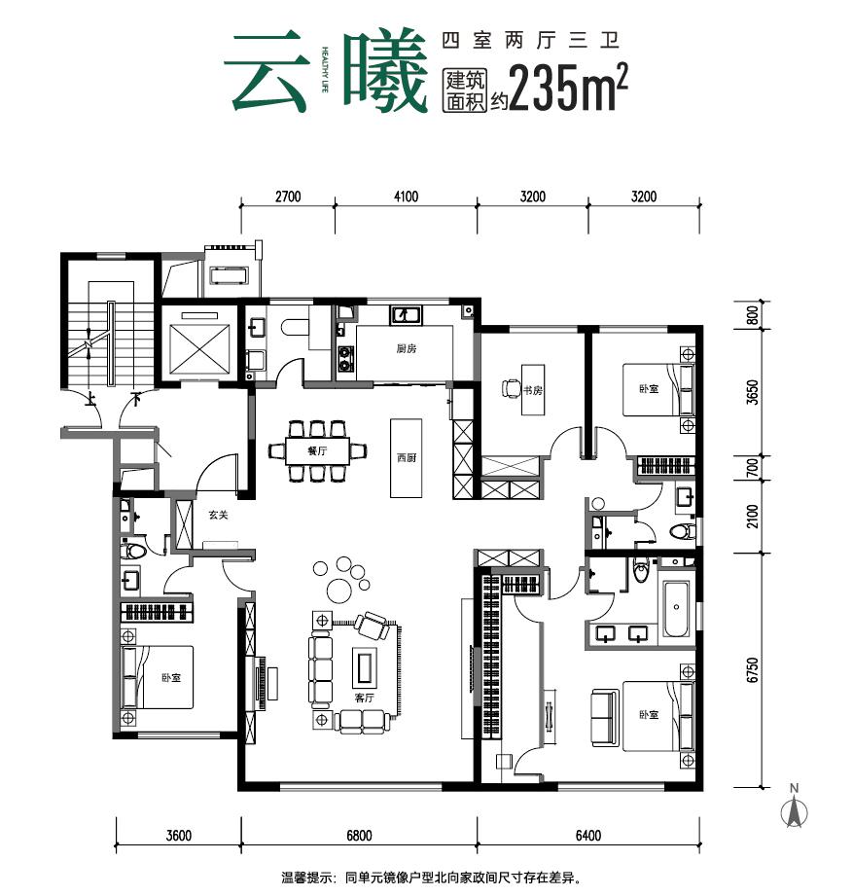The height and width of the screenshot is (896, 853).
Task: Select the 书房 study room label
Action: pyautogui.click(x=532, y=391)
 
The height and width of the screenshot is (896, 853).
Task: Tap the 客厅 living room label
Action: pyautogui.click(x=365, y=698)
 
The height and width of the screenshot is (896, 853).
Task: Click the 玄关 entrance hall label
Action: pyautogui.click(x=217, y=517)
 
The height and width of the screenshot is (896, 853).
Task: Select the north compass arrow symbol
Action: pyautogui.click(x=795, y=811)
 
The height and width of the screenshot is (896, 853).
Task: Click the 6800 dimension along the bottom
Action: pyautogui.click(x=359, y=835)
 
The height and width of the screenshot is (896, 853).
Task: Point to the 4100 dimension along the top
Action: pyautogui.click(x=406, y=197)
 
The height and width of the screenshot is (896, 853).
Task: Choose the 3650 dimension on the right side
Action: pyautogui.click(x=751, y=394)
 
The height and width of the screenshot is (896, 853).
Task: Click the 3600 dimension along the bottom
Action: pyautogui.click(x=178, y=835)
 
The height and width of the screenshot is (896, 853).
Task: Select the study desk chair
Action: pyautogui.click(x=511, y=389)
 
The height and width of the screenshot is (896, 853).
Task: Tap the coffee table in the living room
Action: pyautogui.click(x=365, y=666)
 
